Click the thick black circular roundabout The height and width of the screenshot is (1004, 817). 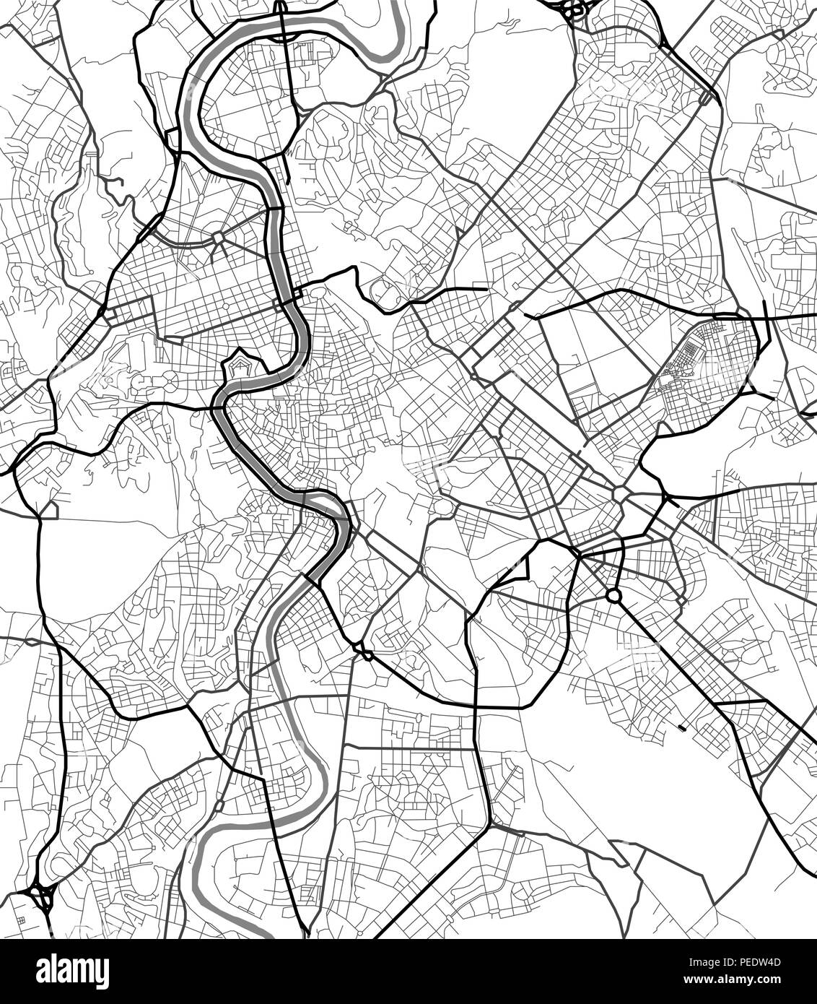click(614, 596)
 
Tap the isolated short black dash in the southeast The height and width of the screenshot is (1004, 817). click(683, 725)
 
